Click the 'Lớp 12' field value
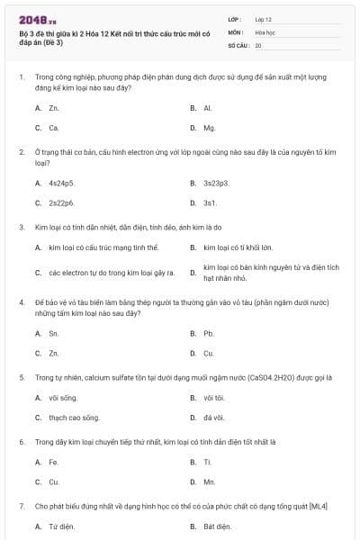[x=264, y=18]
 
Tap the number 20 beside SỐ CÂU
[x=258, y=44]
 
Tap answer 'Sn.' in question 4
[x=54, y=333]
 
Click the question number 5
[x=22, y=378]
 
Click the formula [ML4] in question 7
[x=318, y=507]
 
